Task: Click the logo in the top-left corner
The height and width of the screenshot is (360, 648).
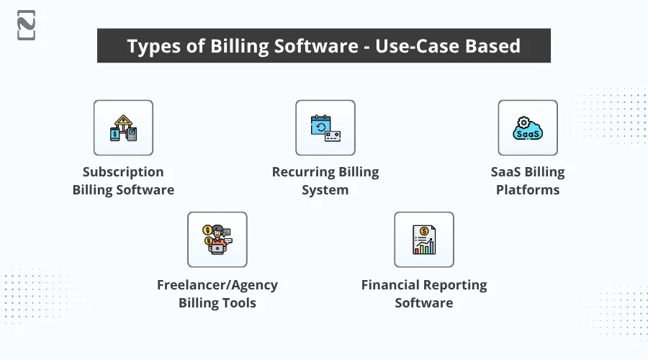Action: pyautogui.click(x=27, y=25)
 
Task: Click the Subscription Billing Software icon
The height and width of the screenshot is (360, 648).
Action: pyautogui.click(x=123, y=128)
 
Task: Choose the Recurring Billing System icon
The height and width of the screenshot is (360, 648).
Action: pyautogui.click(x=325, y=128)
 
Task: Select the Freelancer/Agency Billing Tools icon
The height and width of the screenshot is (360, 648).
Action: pyautogui.click(x=217, y=240)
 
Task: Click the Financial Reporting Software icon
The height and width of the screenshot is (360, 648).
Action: pyautogui.click(x=423, y=240)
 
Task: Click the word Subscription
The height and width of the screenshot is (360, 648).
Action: pyautogui.click(x=123, y=172)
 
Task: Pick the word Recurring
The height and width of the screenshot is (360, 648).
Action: pyautogui.click(x=302, y=172)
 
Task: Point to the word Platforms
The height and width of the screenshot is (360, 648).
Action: pyautogui.click(x=528, y=191)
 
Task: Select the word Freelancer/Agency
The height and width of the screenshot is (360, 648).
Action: pyautogui.click(x=217, y=285)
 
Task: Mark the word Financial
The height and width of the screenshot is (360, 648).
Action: pyautogui.click(x=393, y=285)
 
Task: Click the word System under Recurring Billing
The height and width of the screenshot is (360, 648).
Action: pyautogui.click(x=325, y=191)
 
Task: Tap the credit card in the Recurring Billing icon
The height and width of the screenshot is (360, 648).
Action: pyautogui.click(x=332, y=135)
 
